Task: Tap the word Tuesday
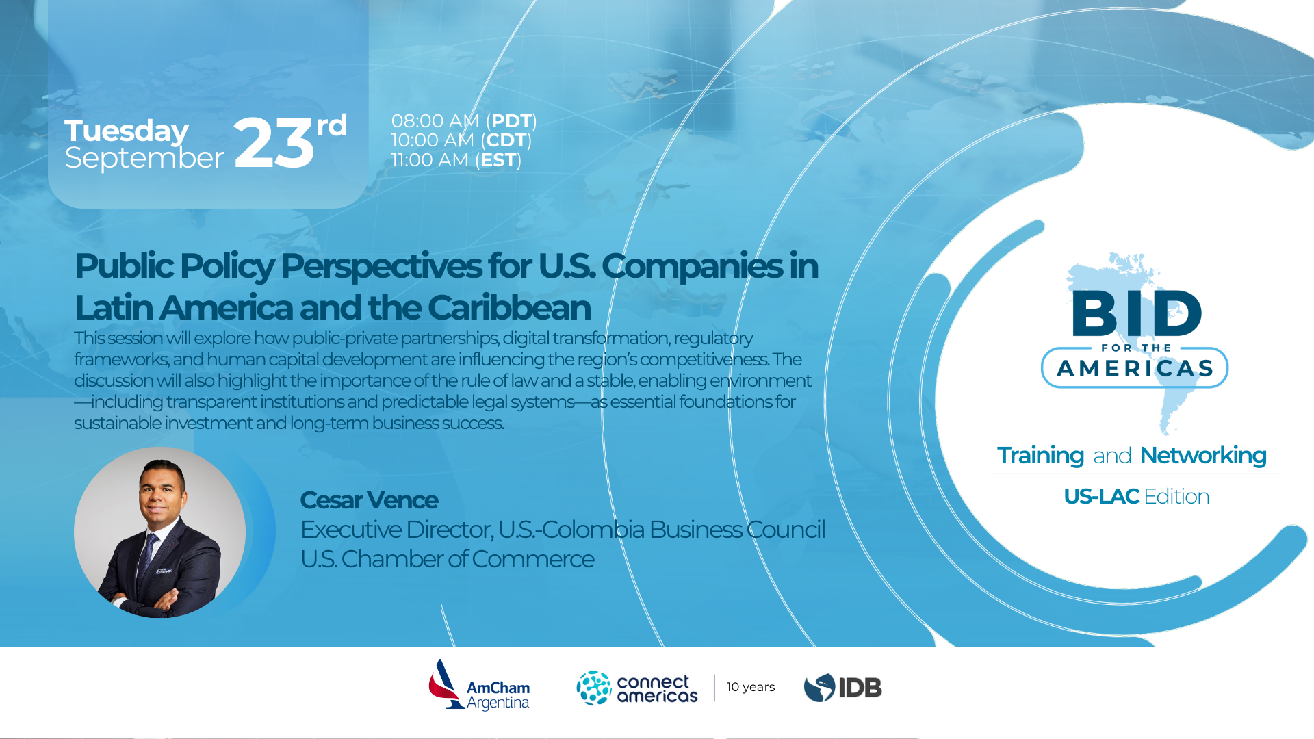[x=127, y=131]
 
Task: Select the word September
[x=144, y=159]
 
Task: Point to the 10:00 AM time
[x=433, y=140]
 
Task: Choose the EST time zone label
[x=498, y=160]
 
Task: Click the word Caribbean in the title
[x=509, y=308]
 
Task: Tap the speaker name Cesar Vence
[x=369, y=500]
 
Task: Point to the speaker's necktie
[x=148, y=554]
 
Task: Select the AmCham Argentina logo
[x=479, y=686]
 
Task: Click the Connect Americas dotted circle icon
[x=593, y=688]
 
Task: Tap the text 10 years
[x=751, y=687]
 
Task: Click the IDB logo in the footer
[x=843, y=688]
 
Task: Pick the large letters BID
[x=1137, y=313]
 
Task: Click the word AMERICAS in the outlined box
[x=1135, y=369]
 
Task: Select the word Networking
[x=1203, y=456]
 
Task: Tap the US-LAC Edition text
[x=1137, y=496]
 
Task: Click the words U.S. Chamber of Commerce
[x=448, y=559]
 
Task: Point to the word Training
[x=1040, y=456]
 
